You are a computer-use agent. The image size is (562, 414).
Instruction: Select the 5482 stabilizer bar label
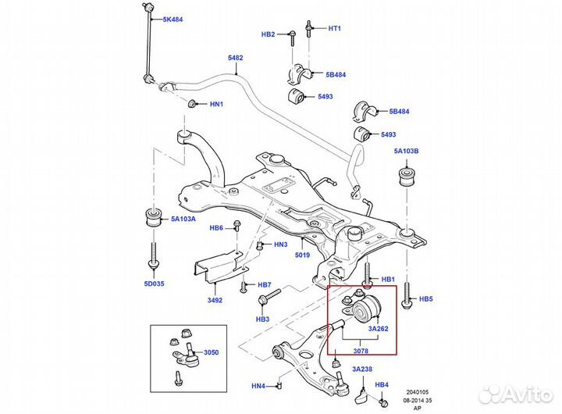[x=235, y=58]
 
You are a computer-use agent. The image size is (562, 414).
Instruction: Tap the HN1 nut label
[x=216, y=104]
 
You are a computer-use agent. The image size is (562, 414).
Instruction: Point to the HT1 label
[x=335, y=29]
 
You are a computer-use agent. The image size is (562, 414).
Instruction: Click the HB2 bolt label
[x=268, y=34]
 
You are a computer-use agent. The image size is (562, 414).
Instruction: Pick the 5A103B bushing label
[x=406, y=151]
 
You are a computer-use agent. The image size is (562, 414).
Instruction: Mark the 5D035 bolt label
[x=153, y=284]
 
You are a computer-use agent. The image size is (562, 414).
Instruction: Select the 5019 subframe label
[x=304, y=254]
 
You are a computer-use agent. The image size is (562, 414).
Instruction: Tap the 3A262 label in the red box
[x=378, y=329]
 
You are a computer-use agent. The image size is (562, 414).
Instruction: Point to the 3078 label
[x=359, y=341]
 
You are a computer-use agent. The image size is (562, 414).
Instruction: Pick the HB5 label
[x=425, y=298]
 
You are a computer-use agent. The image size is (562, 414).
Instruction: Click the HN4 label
[x=258, y=385]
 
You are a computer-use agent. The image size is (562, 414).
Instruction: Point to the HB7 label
[x=264, y=285]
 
